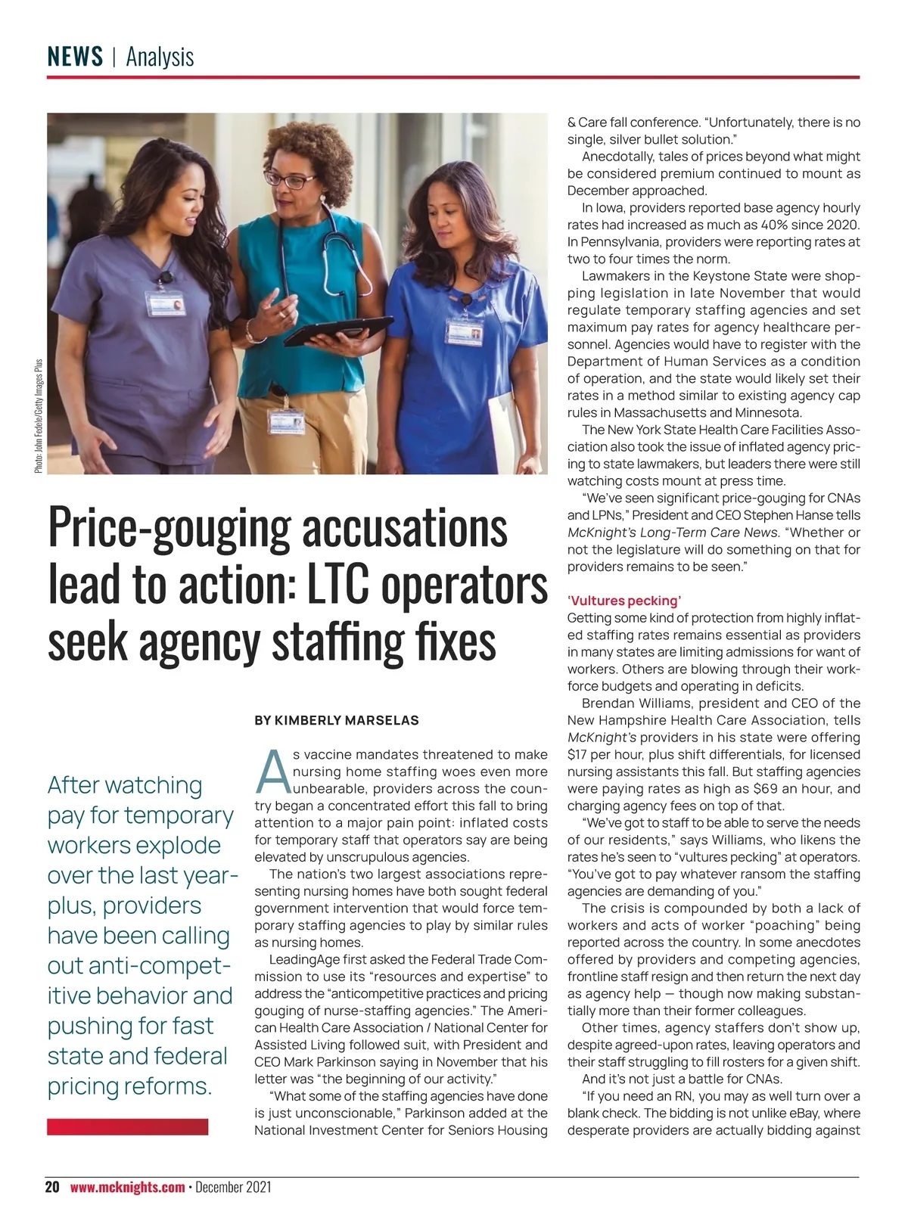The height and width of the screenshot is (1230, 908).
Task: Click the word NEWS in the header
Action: click(75, 57)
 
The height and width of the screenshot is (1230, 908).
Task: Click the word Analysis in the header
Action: click(160, 57)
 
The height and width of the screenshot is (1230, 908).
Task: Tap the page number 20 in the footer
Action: click(52, 1187)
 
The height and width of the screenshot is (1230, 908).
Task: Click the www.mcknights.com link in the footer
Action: click(127, 1187)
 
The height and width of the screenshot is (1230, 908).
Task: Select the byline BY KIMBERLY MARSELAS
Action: click(336, 720)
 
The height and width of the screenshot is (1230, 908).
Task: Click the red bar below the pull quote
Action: click(127, 1127)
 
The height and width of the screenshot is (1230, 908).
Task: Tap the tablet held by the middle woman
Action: click(337, 331)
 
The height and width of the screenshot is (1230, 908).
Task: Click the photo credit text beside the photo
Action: click(39, 416)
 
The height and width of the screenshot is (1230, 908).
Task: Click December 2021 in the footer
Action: click(233, 1187)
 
